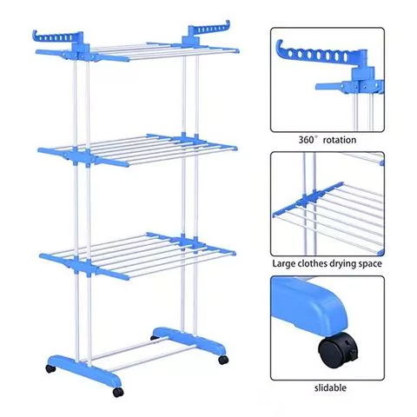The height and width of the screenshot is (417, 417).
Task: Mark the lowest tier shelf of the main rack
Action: pos(135,248)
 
